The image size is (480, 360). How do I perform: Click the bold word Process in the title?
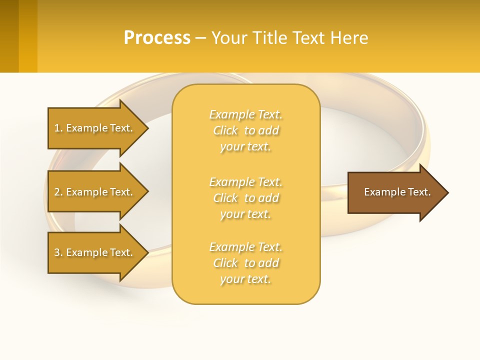pos(157,38)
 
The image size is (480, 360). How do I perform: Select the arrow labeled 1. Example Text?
pos(95,128)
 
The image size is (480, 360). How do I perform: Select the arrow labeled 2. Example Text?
pos(95,192)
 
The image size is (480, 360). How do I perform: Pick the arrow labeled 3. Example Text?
pos(95,252)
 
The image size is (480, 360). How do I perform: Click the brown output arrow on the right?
pos(395,192)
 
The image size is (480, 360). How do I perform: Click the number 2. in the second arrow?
pos(58,192)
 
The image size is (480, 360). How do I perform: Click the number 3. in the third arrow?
pos(58,252)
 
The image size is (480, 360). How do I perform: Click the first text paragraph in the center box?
pos(245,130)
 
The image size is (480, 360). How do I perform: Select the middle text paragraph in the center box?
pos(245,198)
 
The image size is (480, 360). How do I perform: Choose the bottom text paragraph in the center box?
pos(245,263)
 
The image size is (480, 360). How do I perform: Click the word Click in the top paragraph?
pos(225,130)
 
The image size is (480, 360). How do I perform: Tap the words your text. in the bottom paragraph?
pos(245,279)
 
